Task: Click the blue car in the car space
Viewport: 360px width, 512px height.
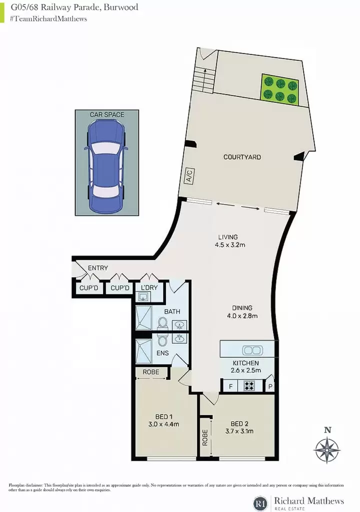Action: (x=106, y=166)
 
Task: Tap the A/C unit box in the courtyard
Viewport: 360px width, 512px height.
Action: (x=189, y=176)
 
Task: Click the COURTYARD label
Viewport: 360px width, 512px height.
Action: (x=242, y=157)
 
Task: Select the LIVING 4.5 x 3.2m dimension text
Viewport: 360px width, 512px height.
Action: (x=230, y=244)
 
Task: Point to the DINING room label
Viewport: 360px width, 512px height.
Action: (x=242, y=307)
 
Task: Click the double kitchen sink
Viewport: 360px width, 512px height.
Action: (x=252, y=350)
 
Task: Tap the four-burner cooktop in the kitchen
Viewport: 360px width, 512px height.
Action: (x=249, y=386)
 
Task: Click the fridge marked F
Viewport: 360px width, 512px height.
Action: (x=230, y=386)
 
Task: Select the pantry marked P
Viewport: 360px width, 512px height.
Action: (x=270, y=386)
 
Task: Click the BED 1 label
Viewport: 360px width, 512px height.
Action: (x=163, y=416)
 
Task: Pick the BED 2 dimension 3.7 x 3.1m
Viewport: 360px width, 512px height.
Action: (x=239, y=431)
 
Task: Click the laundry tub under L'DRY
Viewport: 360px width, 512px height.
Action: (x=143, y=297)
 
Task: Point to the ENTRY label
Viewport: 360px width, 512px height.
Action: (x=97, y=268)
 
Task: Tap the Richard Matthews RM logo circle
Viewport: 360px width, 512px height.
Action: (x=260, y=503)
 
